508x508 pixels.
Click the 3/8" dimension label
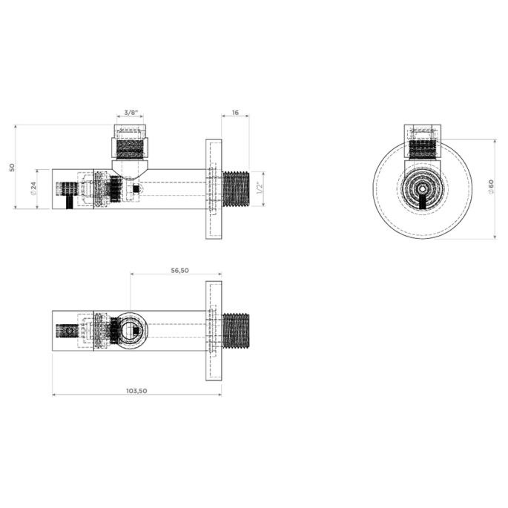pos(131,113)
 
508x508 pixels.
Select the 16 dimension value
pos(235,113)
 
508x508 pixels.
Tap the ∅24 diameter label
pos(34,189)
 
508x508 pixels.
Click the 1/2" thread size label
pos(258,189)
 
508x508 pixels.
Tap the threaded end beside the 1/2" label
pos(237,189)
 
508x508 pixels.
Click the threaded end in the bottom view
pos(237,331)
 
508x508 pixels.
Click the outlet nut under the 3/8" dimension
pos(131,142)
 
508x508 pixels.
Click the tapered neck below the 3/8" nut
pos(131,168)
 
